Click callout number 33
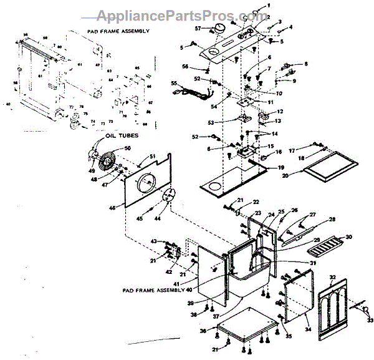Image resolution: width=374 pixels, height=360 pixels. click(x=370, y=321)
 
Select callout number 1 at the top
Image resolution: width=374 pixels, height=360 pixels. click(x=269, y=5)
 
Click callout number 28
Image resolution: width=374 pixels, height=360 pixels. click(x=332, y=219)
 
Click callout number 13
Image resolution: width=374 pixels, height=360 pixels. click(x=279, y=121)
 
